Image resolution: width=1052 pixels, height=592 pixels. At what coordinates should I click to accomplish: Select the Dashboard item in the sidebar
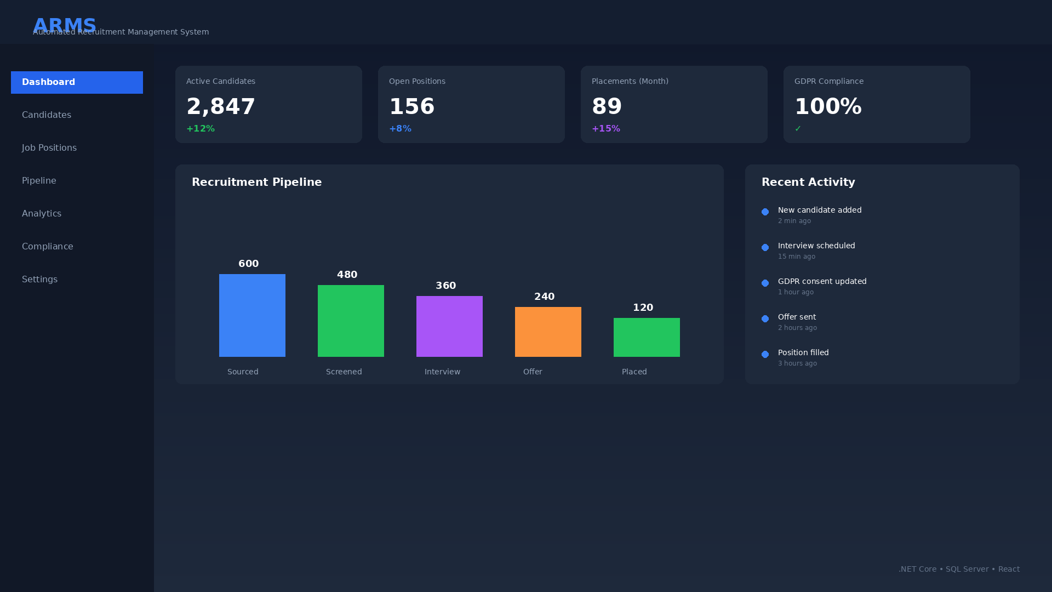point(77,82)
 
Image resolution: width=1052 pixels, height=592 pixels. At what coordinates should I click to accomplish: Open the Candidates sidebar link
point(47,115)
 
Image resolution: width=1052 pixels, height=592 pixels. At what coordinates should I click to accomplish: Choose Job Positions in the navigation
point(49,148)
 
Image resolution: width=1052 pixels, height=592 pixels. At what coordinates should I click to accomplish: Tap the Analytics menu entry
point(42,214)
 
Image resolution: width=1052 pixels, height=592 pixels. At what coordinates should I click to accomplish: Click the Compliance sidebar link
point(48,247)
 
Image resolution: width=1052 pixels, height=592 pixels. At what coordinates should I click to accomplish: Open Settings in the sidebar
point(39,280)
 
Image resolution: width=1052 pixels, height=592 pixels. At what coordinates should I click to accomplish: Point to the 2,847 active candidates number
point(220,106)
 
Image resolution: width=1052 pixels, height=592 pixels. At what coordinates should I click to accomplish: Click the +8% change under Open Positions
point(400,129)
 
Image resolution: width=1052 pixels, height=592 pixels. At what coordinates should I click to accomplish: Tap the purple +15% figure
point(606,129)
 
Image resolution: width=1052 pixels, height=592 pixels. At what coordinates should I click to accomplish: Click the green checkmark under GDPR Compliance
point(798,129)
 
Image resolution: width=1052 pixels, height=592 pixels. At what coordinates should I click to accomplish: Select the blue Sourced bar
point(252,315)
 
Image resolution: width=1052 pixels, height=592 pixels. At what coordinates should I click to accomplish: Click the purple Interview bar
point(449,326)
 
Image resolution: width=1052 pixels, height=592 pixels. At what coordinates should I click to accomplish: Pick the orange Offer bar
point(548,332)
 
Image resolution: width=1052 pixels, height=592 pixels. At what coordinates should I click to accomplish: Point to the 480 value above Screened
point(347,275)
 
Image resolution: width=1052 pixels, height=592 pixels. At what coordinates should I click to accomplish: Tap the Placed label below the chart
point(634,372)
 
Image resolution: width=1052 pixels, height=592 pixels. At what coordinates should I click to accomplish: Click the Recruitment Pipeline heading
point(256,182)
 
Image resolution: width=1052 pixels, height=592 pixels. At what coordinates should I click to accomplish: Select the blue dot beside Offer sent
point(765,318)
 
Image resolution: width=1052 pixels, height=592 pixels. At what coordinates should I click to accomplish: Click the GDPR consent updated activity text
point(822,281)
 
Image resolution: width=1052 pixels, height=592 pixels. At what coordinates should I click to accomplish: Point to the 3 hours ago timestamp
point(797,363)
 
